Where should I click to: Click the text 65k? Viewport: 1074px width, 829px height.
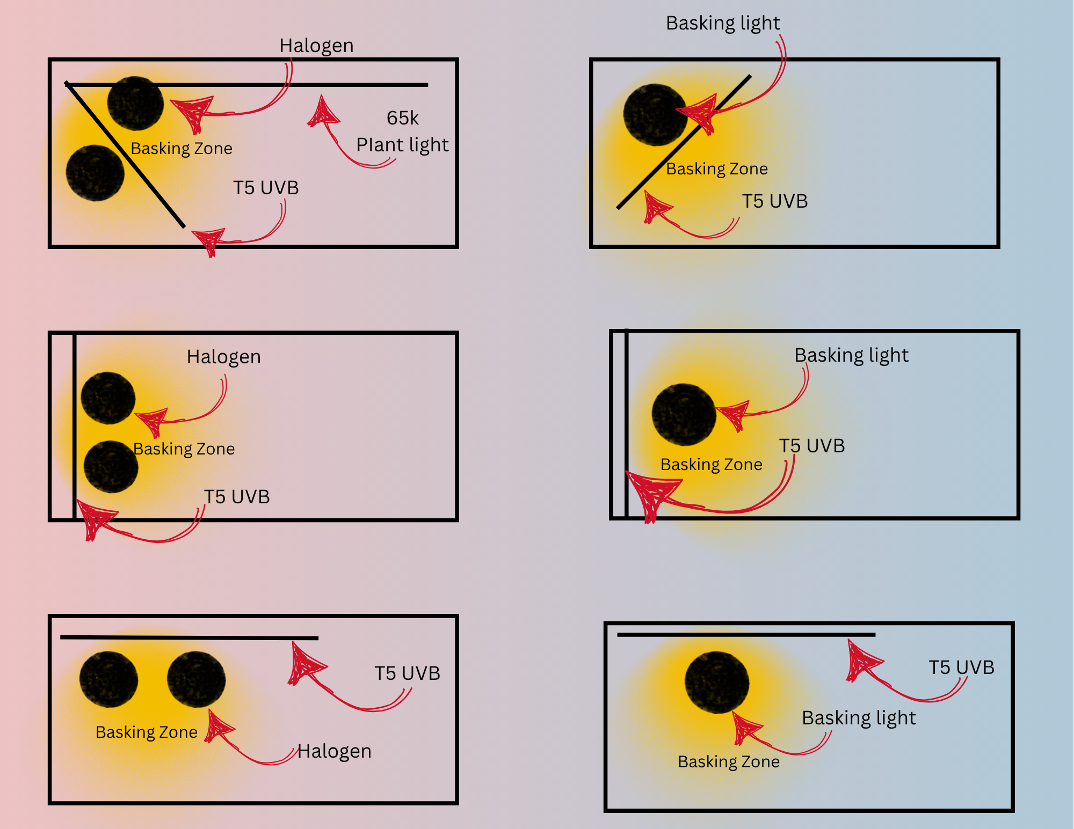pyautogui.click(x=402, y=118)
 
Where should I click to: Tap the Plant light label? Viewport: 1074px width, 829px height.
pyautogui.click(x=402, y=145)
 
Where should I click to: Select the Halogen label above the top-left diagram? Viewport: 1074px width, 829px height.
pyautogui.click(x=316, y=46)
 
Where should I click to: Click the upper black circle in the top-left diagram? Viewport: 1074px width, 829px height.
pyautogui.click(x=135, y=103)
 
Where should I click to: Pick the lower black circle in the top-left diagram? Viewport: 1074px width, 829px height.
pyautogui.click(x=95, y=173)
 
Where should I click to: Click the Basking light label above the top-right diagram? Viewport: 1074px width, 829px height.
pyautogui.click(x=723, y=23)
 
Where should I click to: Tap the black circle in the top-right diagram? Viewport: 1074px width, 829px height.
pyautogui.click(x=655, y=115)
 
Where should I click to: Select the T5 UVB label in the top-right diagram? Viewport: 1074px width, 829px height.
pyautogui.click(x=775, y=201)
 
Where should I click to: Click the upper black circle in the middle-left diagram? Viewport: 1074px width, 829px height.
pyautogui.click(x=108, y=398)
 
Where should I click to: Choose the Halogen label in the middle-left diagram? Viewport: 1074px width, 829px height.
pyautogui.click(x=223, y=357)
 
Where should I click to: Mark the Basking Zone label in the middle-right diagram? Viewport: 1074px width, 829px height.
pyautogui.click(x=711, y=464)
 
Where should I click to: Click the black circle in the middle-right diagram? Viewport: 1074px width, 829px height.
pyautogui.click(x=684, y=414)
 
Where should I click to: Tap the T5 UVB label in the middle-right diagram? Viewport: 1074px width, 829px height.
pyautogui.click(x=812, y=446)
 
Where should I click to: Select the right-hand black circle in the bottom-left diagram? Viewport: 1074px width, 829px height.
pyautogui.click(x=196, y=679)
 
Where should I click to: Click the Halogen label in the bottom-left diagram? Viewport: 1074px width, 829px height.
pyautogui.click(x=334, y=751)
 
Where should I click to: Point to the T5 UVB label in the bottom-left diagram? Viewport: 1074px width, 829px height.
pyautogui.click(x=407, y=673)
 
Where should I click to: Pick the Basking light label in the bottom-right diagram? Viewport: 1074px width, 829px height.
pyautogui.click(x=859, y=718)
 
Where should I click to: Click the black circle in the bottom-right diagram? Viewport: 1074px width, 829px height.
pyautogui.click(x=717, y=683)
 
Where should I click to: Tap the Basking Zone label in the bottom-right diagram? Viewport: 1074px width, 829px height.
pyautogui.click(x=728, y=761)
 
